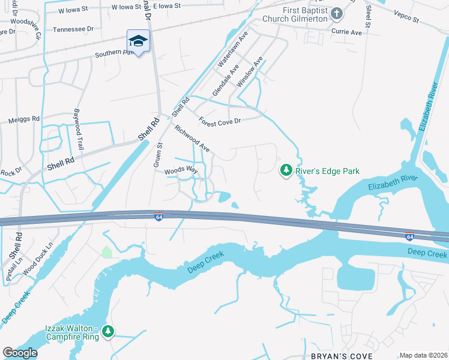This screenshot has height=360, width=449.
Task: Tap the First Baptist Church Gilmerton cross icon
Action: click(337, 13)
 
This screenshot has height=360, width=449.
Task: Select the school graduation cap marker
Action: click(138, 41)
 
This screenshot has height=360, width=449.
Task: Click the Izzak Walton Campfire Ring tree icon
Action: click(108, 331)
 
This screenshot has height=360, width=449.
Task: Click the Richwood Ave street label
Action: click(192, 138)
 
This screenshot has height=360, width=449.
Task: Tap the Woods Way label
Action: click(181, 170)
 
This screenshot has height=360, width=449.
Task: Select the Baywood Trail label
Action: click(78, 129)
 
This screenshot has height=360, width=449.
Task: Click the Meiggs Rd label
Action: click(24, 119)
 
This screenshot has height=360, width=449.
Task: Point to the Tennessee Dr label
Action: click(73, 29)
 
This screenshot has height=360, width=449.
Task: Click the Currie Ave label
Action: click(348, 32)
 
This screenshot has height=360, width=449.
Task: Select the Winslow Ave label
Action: click(250, 73)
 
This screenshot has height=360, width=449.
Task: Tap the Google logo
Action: click(20, 353)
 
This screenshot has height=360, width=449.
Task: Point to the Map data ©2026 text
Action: click(423, 355)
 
